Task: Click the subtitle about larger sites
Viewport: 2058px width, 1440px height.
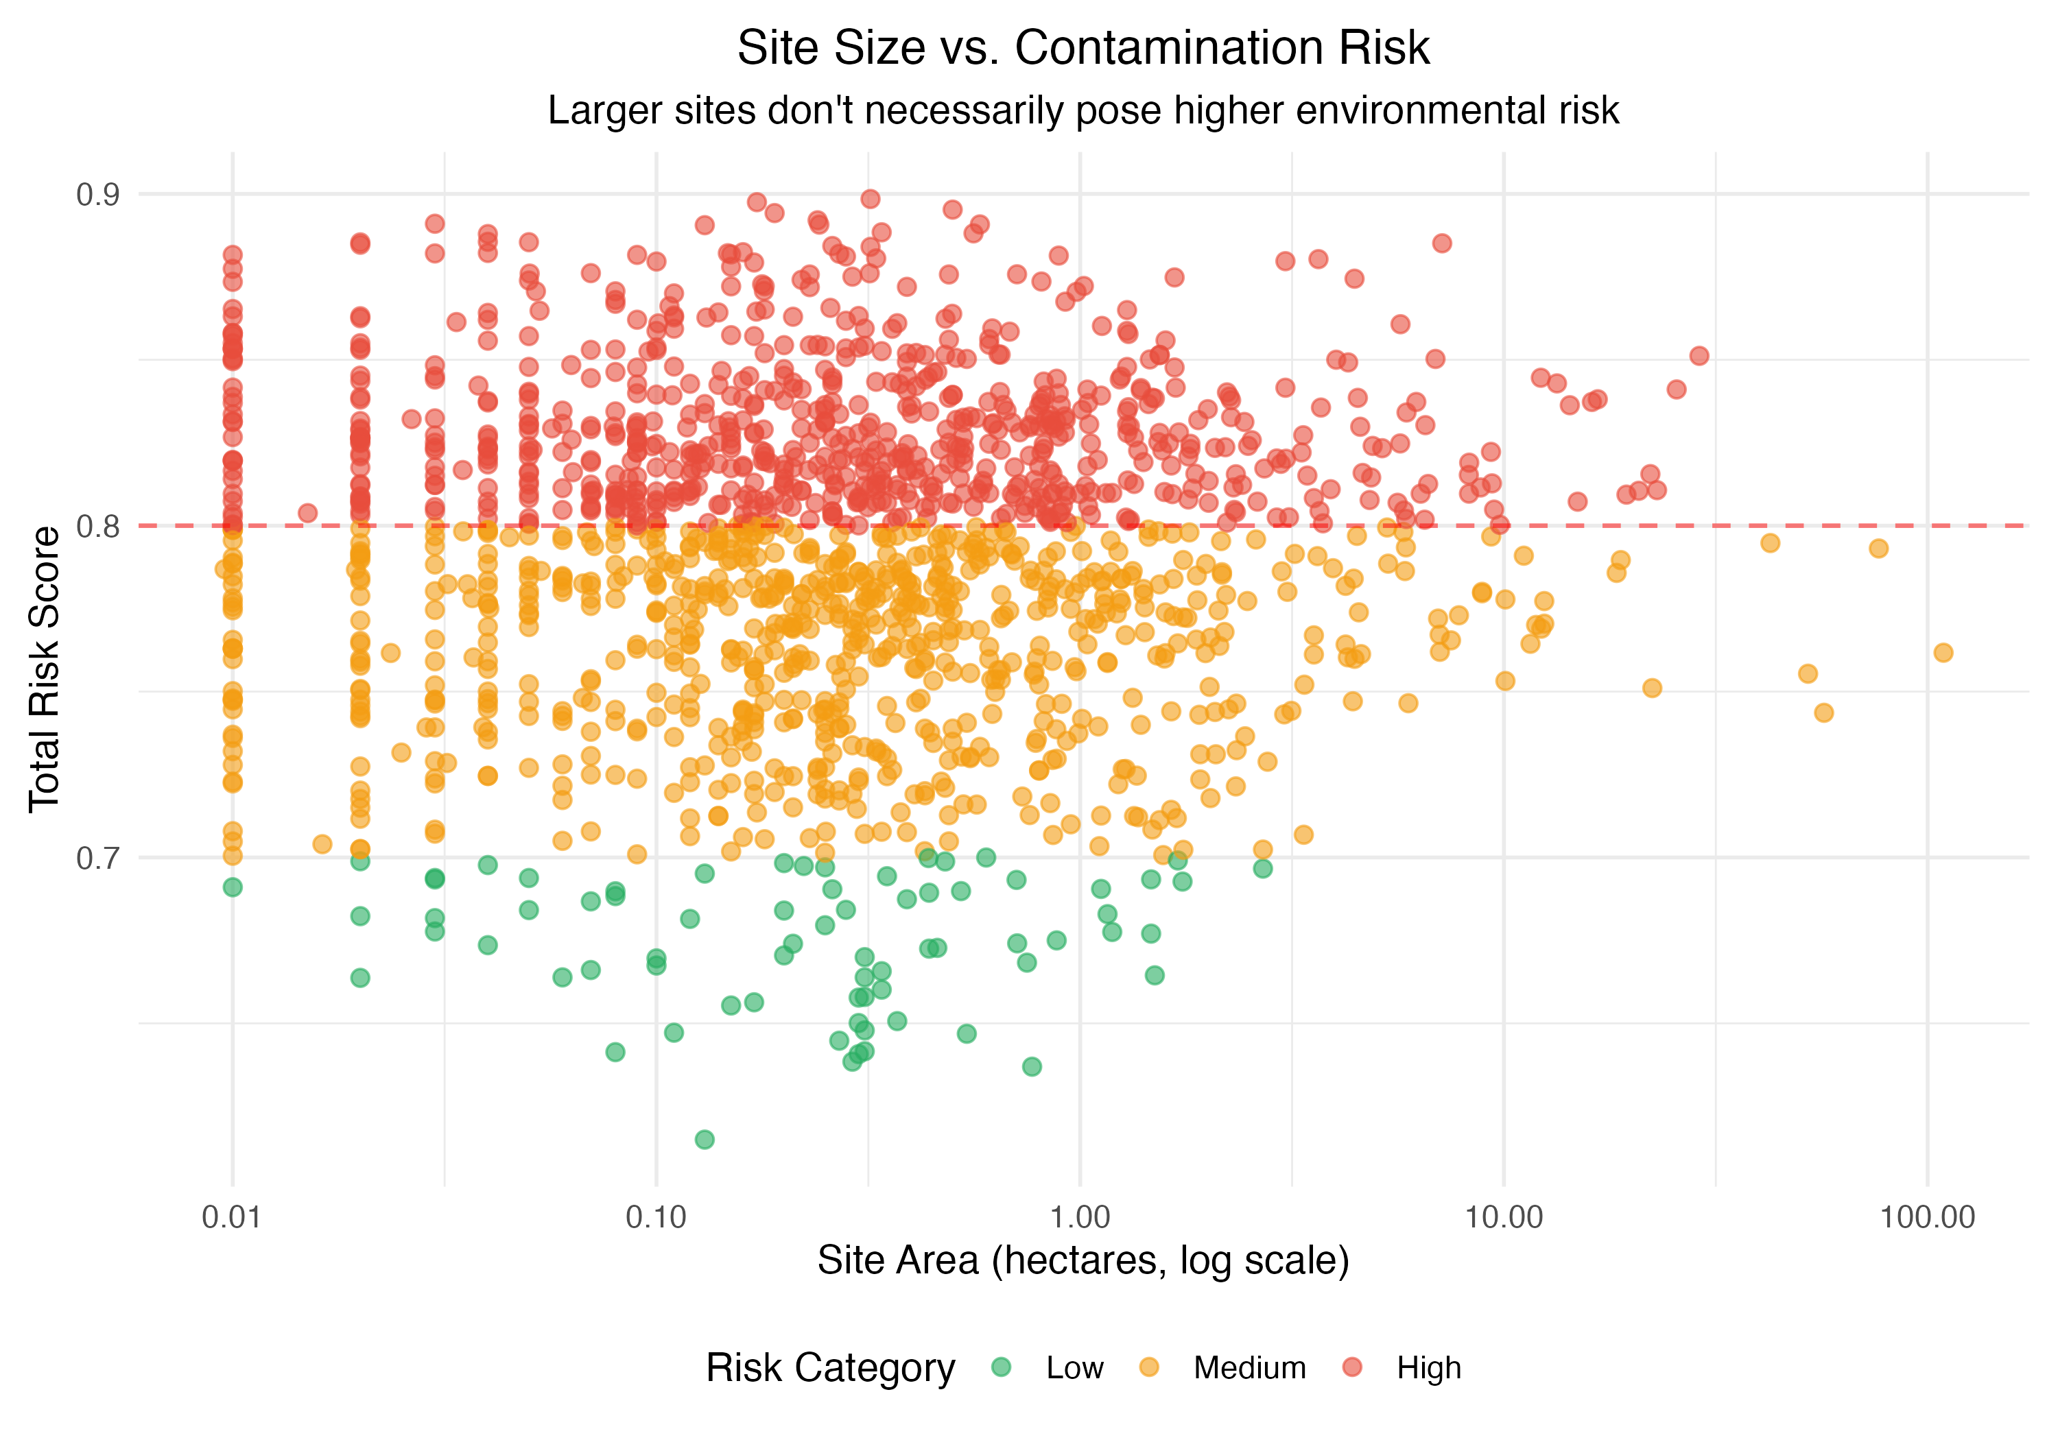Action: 1082,111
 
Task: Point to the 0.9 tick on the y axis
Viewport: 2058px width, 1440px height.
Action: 97,195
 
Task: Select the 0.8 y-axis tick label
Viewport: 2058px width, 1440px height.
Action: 97,526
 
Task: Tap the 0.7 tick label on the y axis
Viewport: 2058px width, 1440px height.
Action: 97,859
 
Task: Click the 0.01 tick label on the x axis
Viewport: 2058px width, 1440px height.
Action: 232,1218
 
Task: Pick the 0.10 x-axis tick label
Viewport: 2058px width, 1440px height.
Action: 656,1218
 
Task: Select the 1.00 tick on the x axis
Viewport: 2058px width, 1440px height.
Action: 1080,1218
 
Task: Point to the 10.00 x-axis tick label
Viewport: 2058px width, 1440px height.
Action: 1503,1218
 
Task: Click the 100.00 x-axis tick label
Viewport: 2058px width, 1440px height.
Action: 1927,1218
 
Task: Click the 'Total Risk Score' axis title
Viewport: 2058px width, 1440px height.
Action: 44,669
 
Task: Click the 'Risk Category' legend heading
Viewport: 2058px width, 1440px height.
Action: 830,1368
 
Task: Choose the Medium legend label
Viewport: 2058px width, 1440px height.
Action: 1249,1368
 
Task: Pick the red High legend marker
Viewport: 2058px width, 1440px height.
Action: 1353,1367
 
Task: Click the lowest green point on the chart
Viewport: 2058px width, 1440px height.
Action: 705,1140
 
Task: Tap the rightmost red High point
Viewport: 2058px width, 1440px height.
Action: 1699,356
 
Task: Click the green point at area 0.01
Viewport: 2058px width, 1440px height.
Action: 232,887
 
